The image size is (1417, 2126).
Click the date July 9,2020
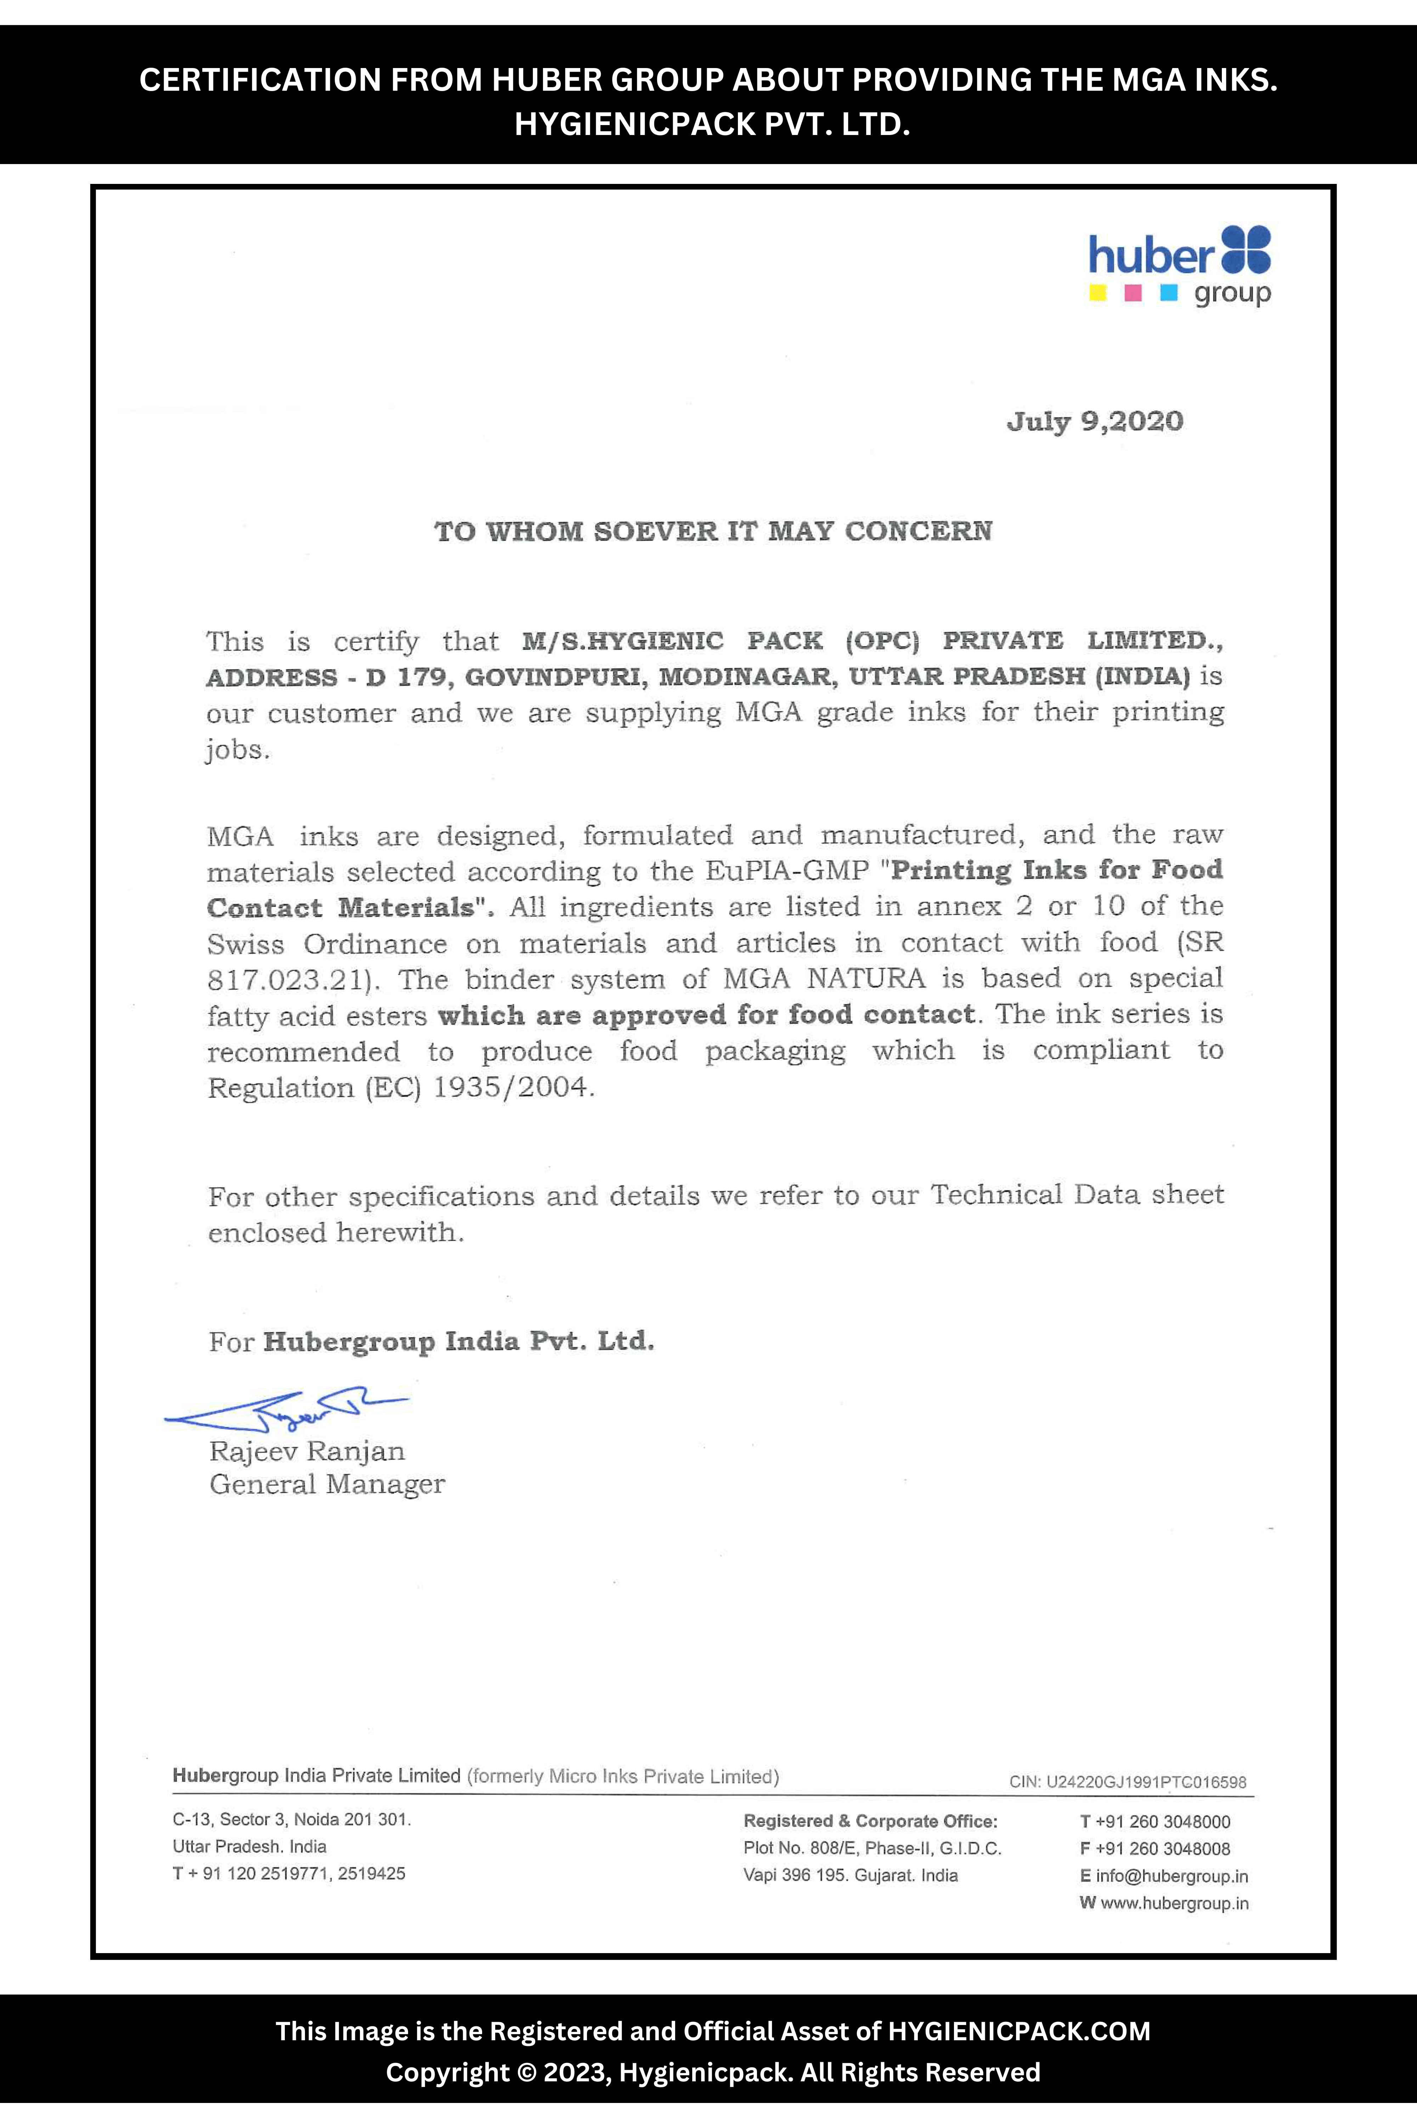pyautogui.click(x=1094, y=421)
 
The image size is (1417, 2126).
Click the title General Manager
pyautogui.click(x=327, y=1484)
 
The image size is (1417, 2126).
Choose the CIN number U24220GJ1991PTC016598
pyautogui.click(x=1146, y=1783)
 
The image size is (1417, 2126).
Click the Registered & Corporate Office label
pyautogui.click(x=870, y=1821)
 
